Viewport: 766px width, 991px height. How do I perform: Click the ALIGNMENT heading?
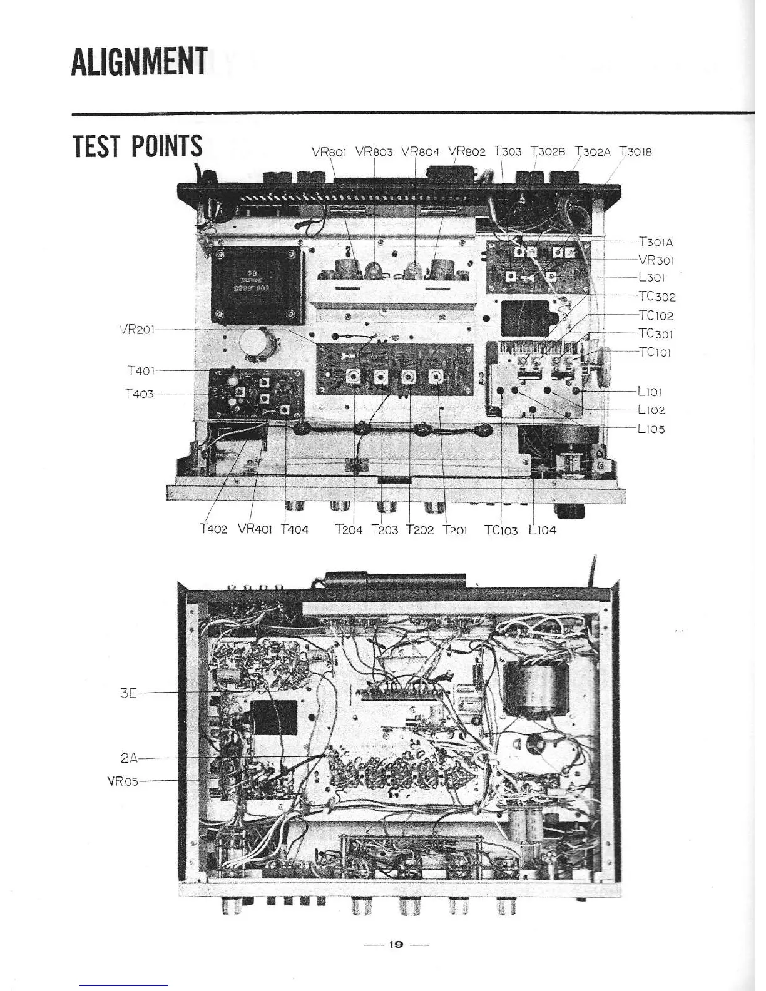point(139,61)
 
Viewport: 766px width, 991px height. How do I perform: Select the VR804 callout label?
point(421,151)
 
